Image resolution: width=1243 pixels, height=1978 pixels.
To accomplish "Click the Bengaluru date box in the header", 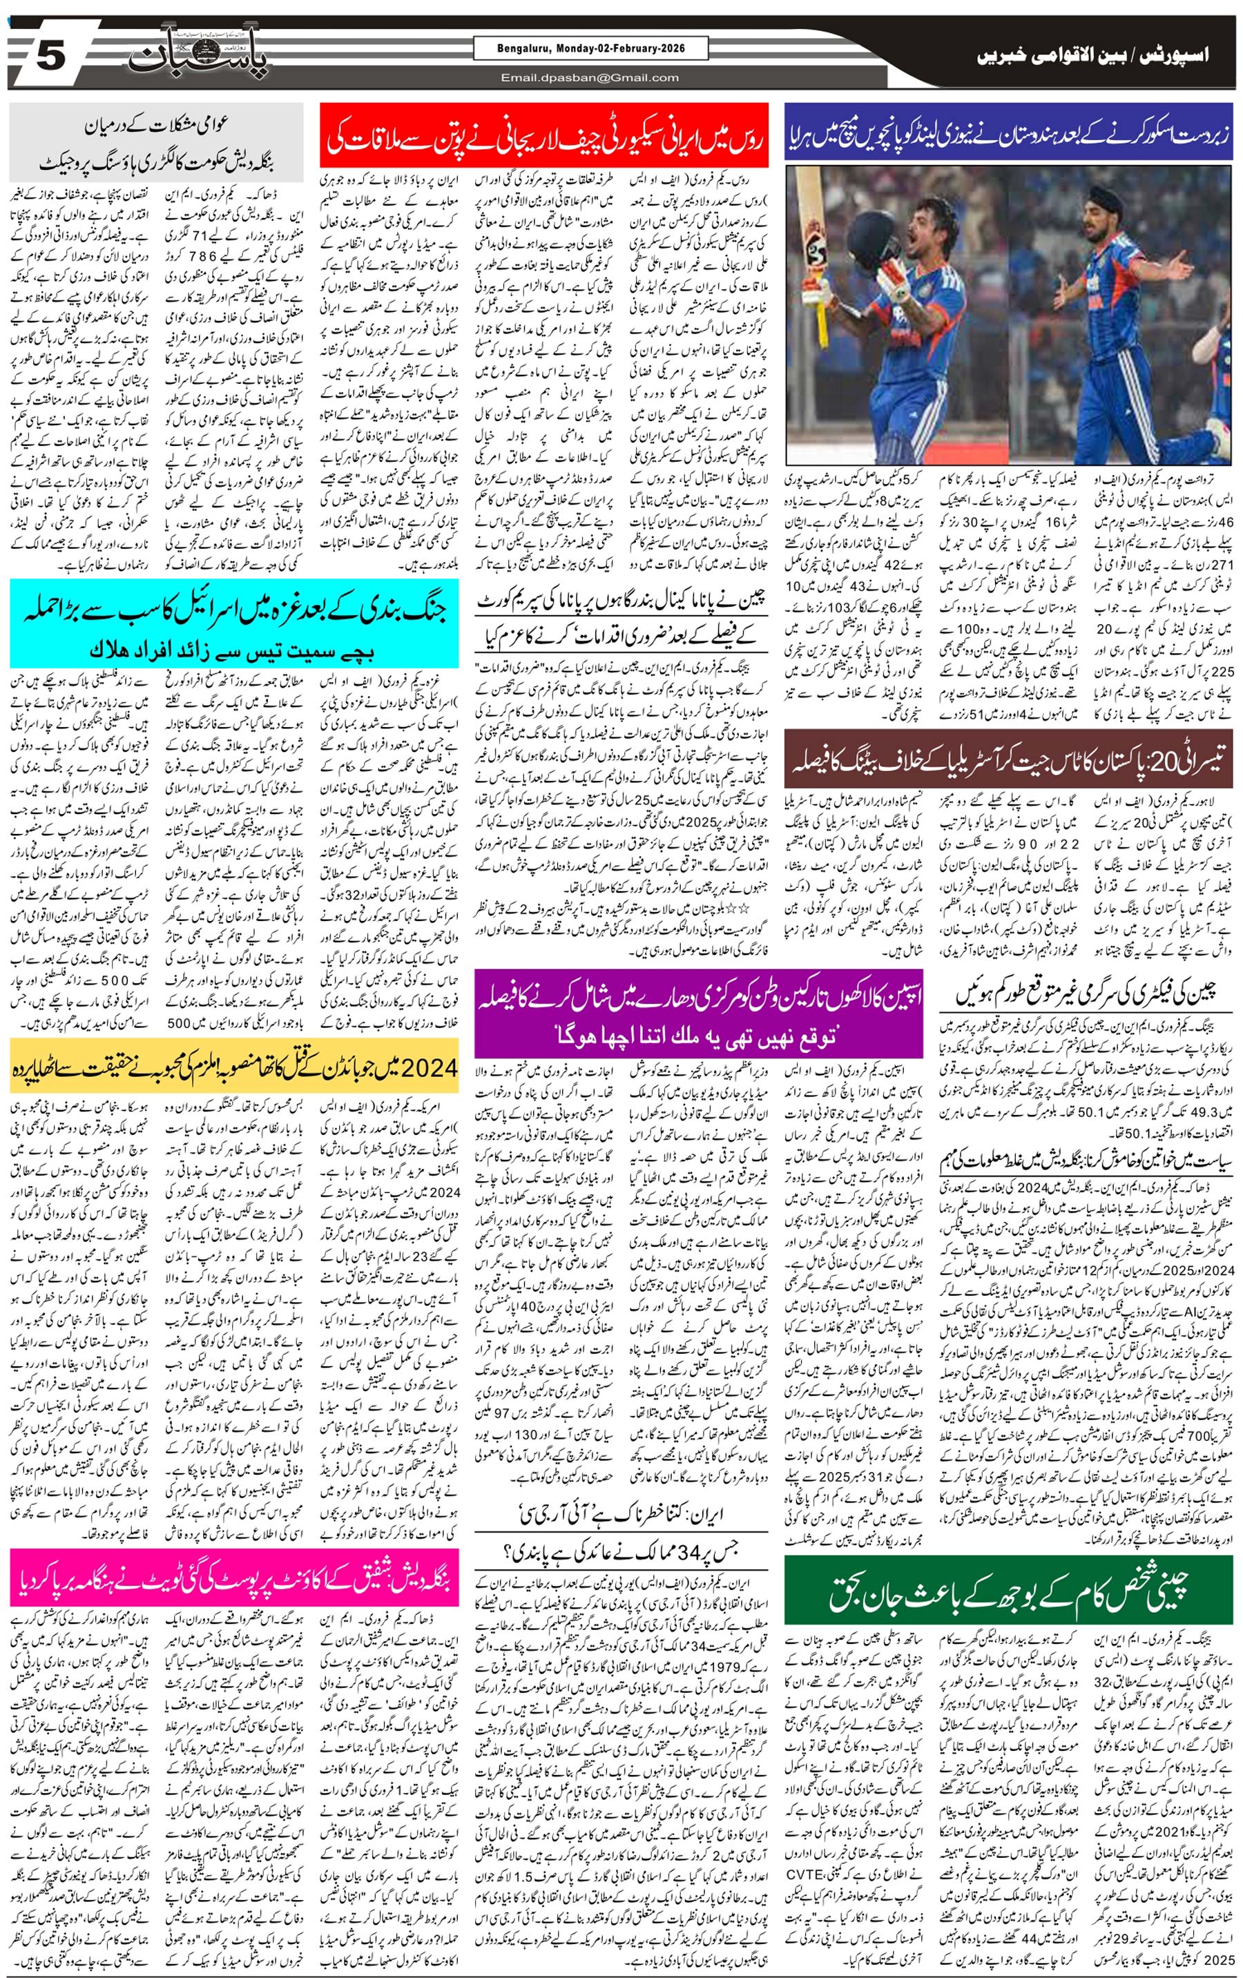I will [579, 49].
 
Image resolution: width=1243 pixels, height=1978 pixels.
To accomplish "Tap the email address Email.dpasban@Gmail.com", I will [590, 78].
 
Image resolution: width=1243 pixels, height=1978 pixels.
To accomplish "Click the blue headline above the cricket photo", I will [1009, 134].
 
